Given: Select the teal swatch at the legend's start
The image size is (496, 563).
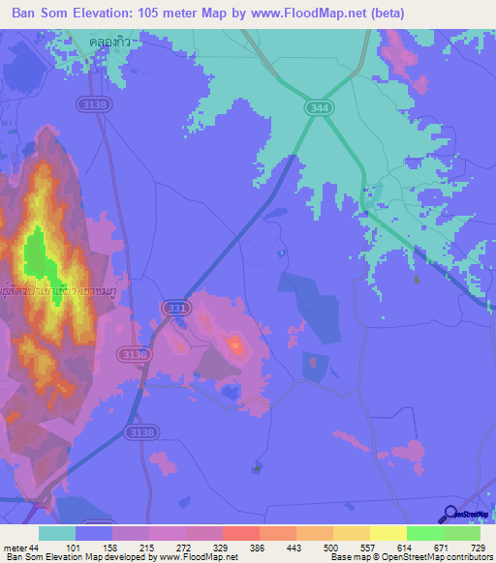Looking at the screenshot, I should (x=57, y=533).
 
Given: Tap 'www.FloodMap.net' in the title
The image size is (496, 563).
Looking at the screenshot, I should (x=301, y=13).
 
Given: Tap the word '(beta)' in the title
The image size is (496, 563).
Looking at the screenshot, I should (x=382, y=13).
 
